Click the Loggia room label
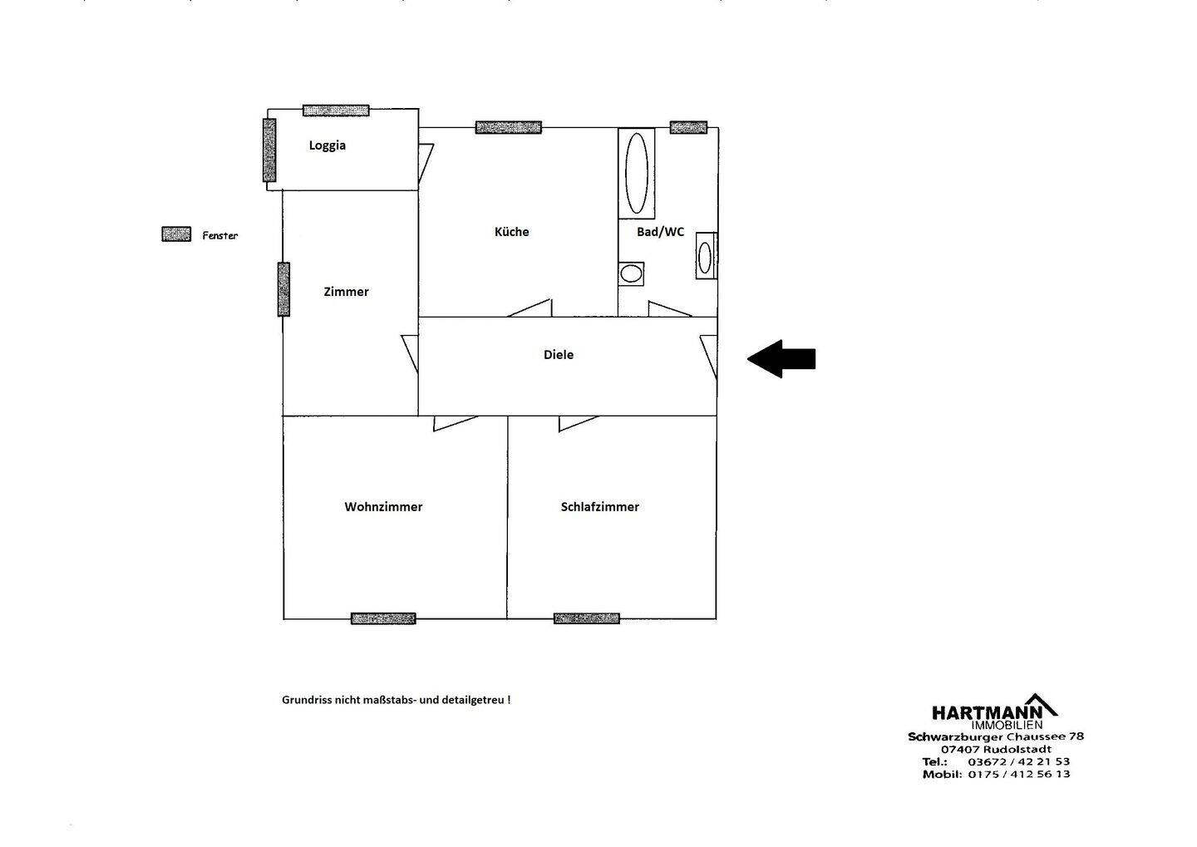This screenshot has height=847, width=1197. coord(327,145)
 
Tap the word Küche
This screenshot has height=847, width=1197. coord(511,232)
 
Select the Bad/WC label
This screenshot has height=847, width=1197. coord(660,232)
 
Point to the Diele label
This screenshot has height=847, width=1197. coord(559,355)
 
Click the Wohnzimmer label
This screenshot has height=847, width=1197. coord(383,507)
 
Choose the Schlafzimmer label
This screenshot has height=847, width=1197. coord(599,507)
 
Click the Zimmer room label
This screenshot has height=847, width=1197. coord(346,292)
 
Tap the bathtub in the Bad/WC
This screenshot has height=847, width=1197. coord(637,173)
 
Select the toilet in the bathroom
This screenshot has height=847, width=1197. coord(631,273)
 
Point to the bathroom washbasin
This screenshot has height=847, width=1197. coord(705,256)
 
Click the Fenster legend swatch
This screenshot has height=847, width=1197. coord(176,234)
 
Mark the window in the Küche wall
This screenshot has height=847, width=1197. coord(508,127)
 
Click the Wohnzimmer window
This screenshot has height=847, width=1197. coord(383,618)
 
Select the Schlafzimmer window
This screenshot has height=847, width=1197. coord(587,618)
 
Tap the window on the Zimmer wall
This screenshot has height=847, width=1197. coord(283,289)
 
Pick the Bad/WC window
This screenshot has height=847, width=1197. coord(688,127)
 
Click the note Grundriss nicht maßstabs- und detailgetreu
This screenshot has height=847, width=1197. coord(397,700)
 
